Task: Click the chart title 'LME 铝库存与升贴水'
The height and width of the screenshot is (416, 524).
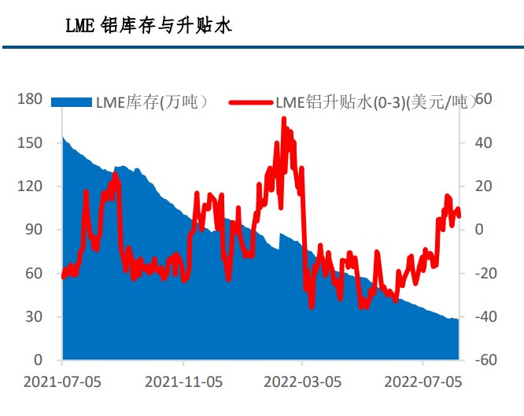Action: click(148, 26)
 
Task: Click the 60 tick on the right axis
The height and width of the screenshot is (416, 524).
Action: click(483, 99)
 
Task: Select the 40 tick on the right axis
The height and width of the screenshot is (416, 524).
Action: click(483, 142)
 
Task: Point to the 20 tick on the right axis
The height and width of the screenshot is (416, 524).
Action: click(483, 186)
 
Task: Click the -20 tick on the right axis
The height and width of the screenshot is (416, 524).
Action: click(485, 274)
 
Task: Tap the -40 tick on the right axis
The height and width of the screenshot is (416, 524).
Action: click(485, 317)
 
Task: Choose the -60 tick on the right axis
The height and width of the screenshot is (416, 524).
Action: click(485, 360)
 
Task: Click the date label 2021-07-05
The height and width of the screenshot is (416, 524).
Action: click(62, 382)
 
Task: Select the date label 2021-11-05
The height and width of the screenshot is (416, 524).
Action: click(183, 382)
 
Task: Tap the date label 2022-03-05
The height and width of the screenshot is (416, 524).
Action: click(303, 382)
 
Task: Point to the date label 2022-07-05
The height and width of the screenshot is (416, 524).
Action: click(423, 382)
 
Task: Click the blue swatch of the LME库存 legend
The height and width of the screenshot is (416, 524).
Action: click(72, 102)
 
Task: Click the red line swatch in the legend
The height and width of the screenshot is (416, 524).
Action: click(251, 102)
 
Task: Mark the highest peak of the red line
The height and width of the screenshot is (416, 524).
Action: click(284, 120)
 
